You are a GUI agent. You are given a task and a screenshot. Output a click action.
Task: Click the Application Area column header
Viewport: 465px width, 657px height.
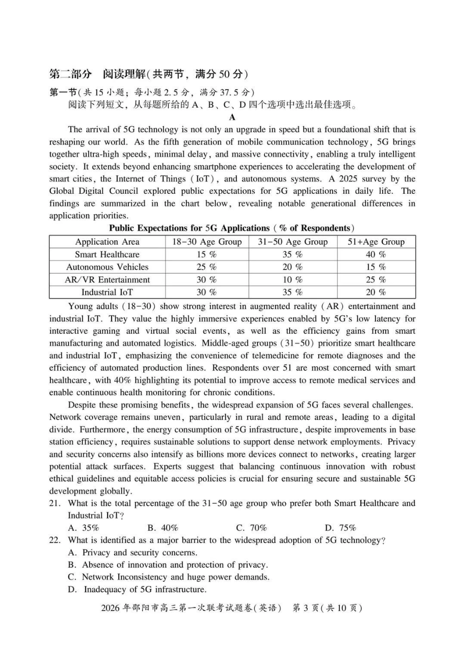(x=107, y=242)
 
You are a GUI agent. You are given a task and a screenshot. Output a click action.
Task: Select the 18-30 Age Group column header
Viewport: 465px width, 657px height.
(x=207, y=242)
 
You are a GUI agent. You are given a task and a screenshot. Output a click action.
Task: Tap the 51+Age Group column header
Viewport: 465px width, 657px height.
(x=376, y=242)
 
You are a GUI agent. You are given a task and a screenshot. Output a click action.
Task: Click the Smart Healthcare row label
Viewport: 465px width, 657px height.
(x=107, y=254)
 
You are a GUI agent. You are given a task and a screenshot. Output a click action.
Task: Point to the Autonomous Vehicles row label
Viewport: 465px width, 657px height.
(x=107, y=267)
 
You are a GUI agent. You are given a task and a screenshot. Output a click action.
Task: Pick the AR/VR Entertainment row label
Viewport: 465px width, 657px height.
(x=107, y=280)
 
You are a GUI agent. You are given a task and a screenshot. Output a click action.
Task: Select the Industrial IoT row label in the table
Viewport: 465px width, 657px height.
(x=107, y=293)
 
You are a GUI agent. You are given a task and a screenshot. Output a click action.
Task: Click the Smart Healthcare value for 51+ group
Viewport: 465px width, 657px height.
(x=376, y=254)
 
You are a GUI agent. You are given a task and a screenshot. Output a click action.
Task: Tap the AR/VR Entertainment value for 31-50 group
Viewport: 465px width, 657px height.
(x=292, y=280)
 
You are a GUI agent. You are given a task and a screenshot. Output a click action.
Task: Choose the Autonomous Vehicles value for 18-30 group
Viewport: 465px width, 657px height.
(x=207, y=267)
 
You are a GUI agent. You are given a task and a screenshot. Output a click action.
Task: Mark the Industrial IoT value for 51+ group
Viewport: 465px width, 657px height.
(x=376, y=293)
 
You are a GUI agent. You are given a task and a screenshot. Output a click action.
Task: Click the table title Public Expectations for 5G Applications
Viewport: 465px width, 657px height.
(x=232, y=228)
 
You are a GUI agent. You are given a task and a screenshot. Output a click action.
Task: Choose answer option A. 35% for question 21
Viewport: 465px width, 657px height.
(x=84, y=528)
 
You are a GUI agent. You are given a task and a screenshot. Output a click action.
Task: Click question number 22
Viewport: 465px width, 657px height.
(x=55, y=541)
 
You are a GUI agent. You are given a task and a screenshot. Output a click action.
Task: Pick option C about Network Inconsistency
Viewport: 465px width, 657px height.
(x=169, y=577)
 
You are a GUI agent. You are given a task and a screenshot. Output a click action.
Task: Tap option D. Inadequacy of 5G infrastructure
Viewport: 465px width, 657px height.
(x=137, y=589)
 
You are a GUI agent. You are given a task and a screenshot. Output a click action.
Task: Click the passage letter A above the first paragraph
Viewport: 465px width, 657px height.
(x=232, y=117)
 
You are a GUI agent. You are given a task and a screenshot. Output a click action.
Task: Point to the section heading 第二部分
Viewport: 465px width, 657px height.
(x=70, y=74)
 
